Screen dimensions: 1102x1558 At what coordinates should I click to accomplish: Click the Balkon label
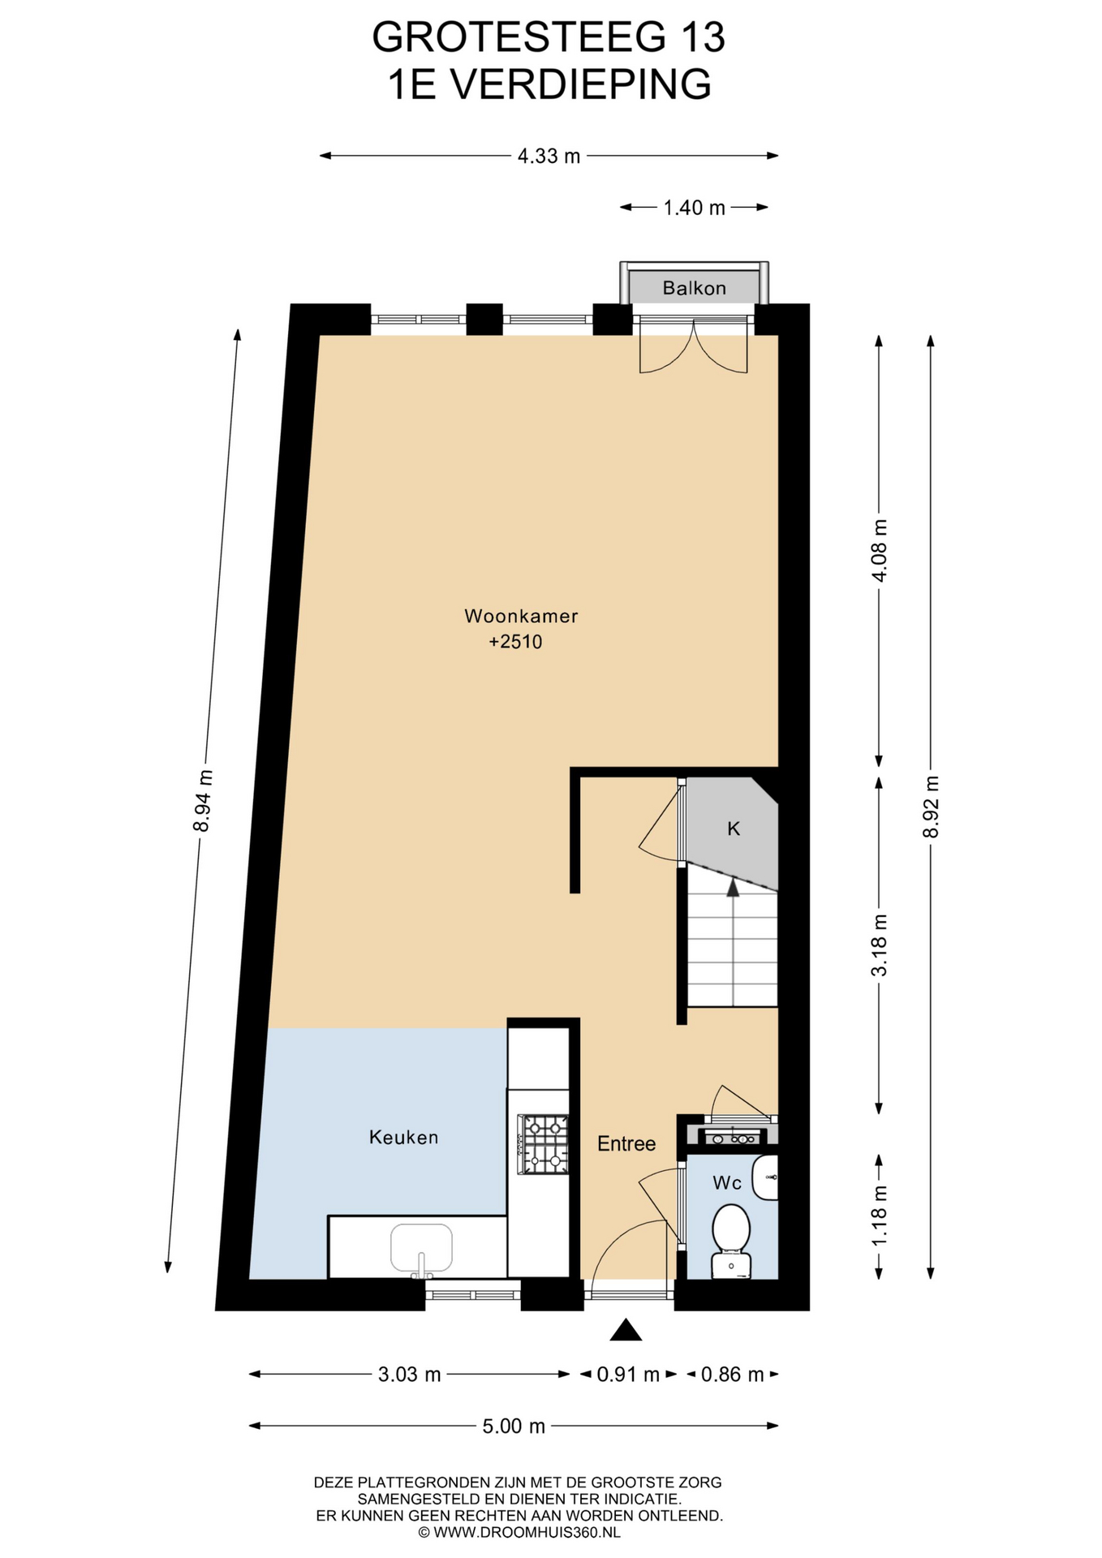tap(694, 288)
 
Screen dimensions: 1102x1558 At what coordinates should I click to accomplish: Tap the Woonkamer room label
tap(521, 616)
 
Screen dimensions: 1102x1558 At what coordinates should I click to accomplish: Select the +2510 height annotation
tap(515, 642)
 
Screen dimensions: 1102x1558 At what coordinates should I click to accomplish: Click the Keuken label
tap(403, 1138)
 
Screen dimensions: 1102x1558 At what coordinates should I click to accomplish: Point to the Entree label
tap(626, 1144)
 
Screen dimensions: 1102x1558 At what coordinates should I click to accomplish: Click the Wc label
tap(727, 1183)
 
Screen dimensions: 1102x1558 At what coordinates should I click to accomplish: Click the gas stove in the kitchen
tap(545, 1145)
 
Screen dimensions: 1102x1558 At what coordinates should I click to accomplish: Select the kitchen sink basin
tap(421, 1248)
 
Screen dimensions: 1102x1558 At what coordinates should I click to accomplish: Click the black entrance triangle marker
tap(626, 1330)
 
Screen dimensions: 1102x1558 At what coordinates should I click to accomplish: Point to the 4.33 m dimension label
tap(549, 156)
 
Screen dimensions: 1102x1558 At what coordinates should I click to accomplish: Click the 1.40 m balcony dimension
tap(694, 208)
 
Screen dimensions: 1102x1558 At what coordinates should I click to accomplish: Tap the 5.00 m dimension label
tap(514, 1426)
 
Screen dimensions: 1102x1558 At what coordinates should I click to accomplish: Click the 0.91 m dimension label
tap(628, 1375)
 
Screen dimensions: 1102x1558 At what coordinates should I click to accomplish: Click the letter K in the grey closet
tap(734, 828)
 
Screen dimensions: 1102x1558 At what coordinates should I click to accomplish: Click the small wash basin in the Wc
tap(765, 1177)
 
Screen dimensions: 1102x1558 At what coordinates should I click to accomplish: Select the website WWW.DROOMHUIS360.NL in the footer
tap(527, 1533)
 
